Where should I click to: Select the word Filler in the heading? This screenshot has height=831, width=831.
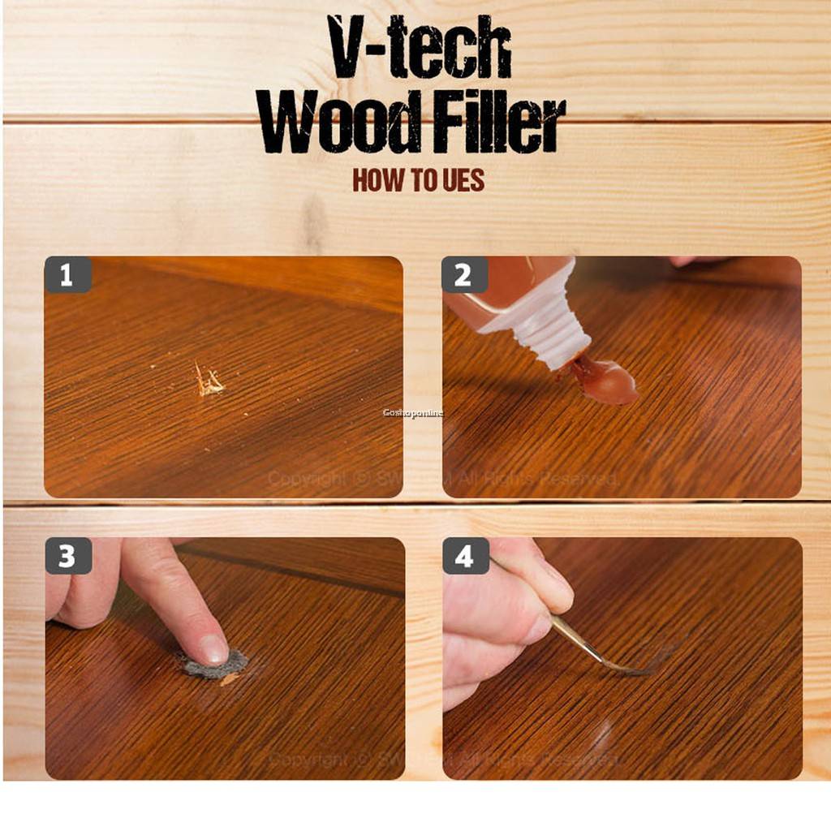pos(497,126)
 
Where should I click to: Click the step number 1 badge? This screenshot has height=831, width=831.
pos(67,275)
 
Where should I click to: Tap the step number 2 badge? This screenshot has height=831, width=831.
pos(463,275)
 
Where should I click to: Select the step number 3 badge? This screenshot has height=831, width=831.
pos(67,557)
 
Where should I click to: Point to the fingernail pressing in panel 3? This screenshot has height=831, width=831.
pos(213,648)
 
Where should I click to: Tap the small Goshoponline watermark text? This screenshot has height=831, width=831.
pos(413,413)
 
